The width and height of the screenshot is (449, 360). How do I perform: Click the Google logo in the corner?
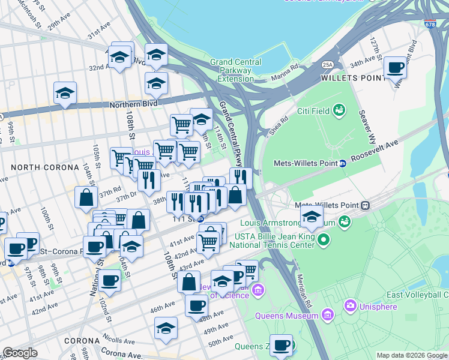(20, 353)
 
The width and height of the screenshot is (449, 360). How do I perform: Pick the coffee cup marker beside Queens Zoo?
(281, 346)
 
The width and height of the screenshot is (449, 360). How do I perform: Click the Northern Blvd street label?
(133, 105)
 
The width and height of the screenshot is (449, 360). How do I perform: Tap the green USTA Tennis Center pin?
(324, 241)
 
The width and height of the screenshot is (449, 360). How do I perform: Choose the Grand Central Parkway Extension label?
(235, 70)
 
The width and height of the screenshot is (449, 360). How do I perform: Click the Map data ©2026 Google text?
(411, 355)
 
